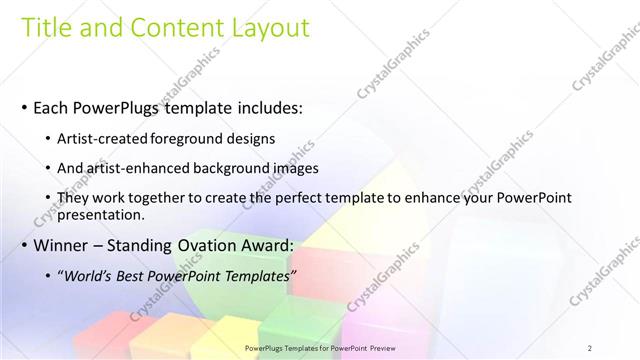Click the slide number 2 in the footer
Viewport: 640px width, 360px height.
(590, 347)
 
